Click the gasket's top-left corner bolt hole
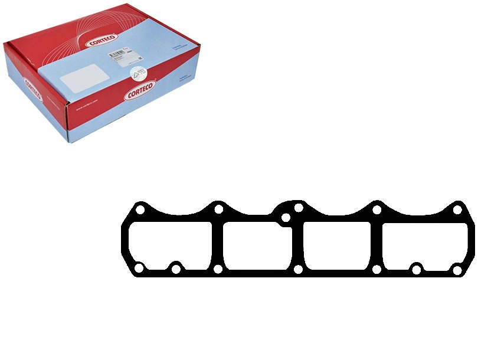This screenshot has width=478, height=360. (x=140, y=210)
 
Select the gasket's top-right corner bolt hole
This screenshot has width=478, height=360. (x=457, y=210)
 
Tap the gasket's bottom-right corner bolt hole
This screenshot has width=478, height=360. (x=457, y=269)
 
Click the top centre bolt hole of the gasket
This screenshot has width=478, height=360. (x=298, y=208)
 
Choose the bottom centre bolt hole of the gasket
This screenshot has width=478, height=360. (x=299, y=270)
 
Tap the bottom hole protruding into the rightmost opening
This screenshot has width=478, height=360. (x=417, y=270)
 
